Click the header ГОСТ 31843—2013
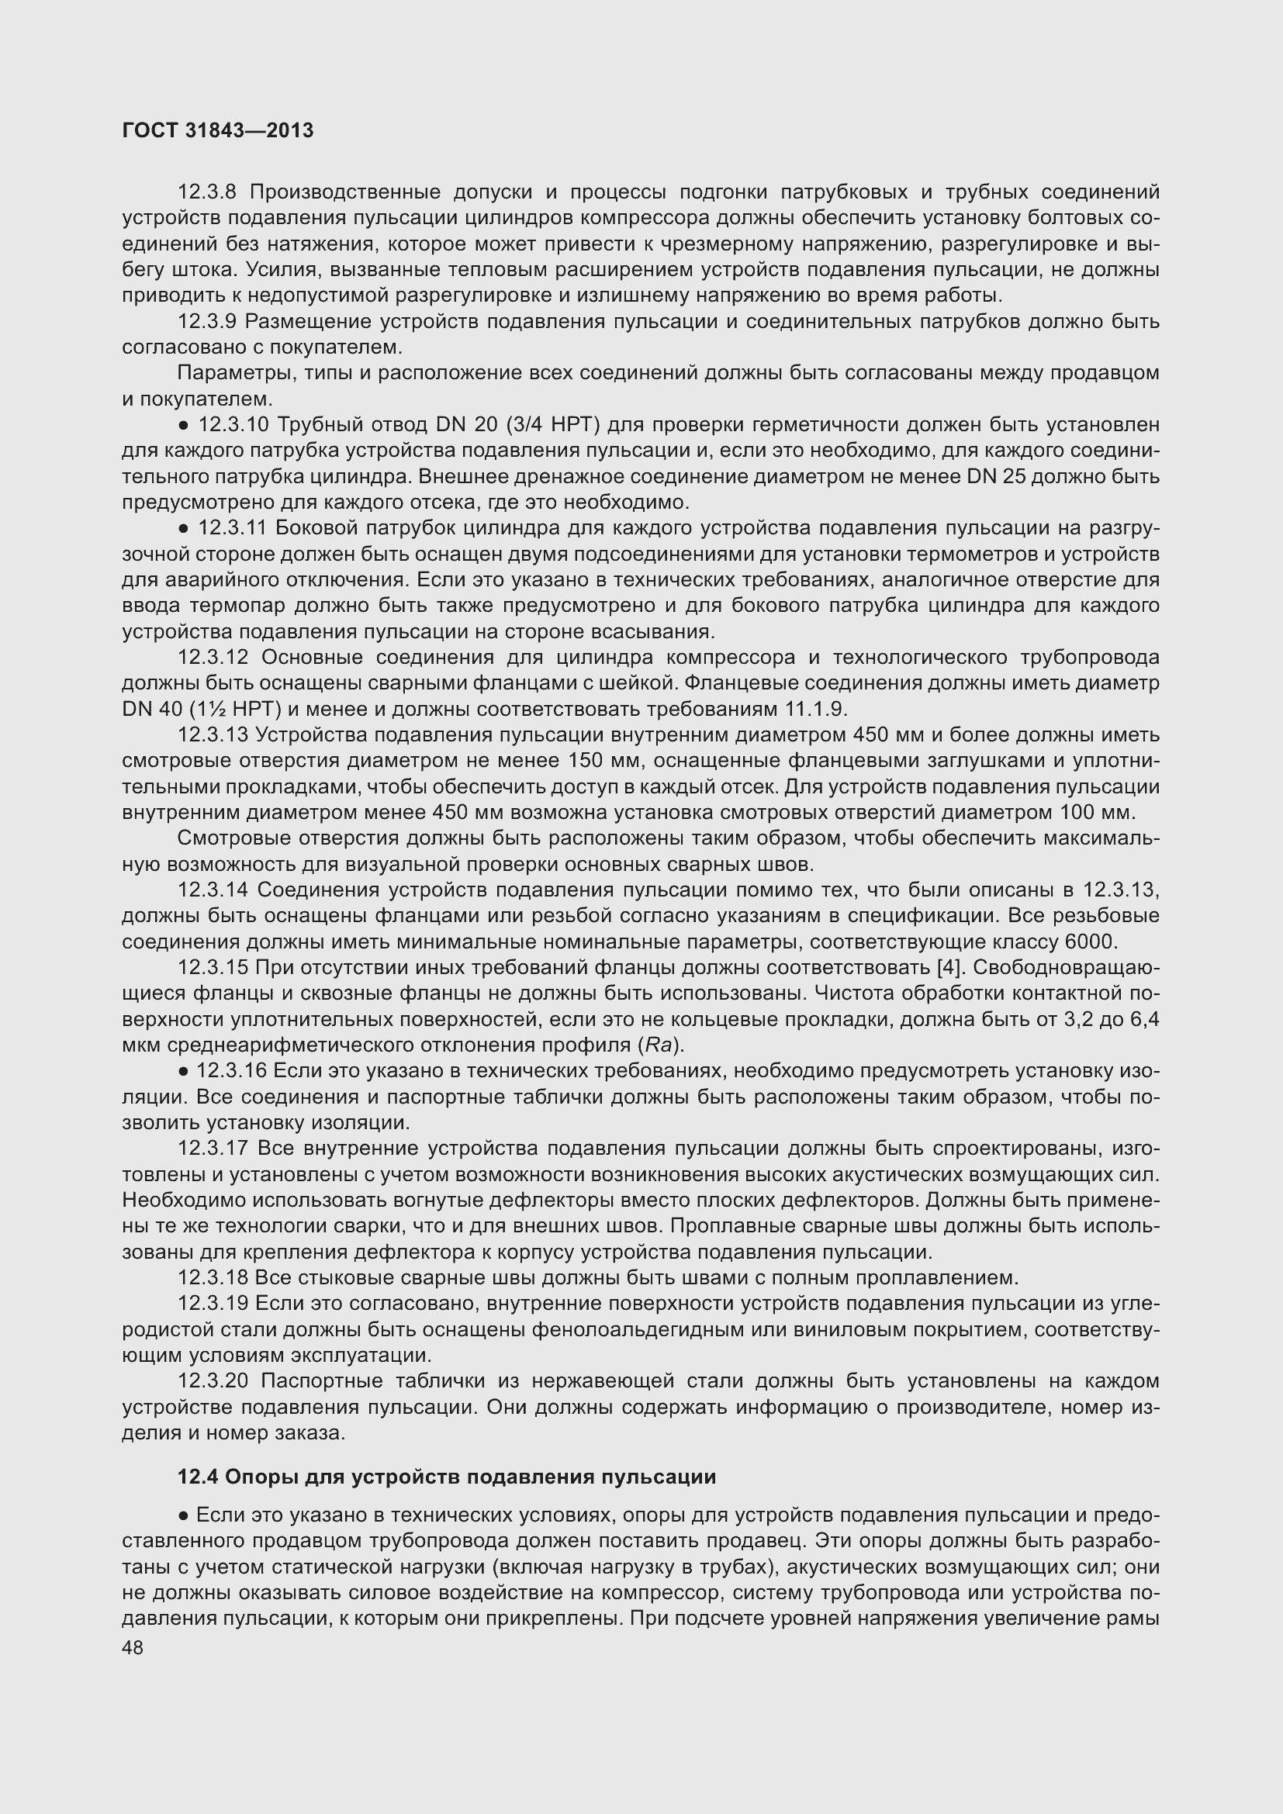point(218,131)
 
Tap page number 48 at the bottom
point(133,1647)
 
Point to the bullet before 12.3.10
point(182,426)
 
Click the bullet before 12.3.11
point(182,529)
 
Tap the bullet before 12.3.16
point(182,1071)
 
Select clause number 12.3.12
point(213,658)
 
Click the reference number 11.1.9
point(815,709)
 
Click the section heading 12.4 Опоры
point(446,1477)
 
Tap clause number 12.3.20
point(213,1381)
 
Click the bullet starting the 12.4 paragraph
point(182,1516)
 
